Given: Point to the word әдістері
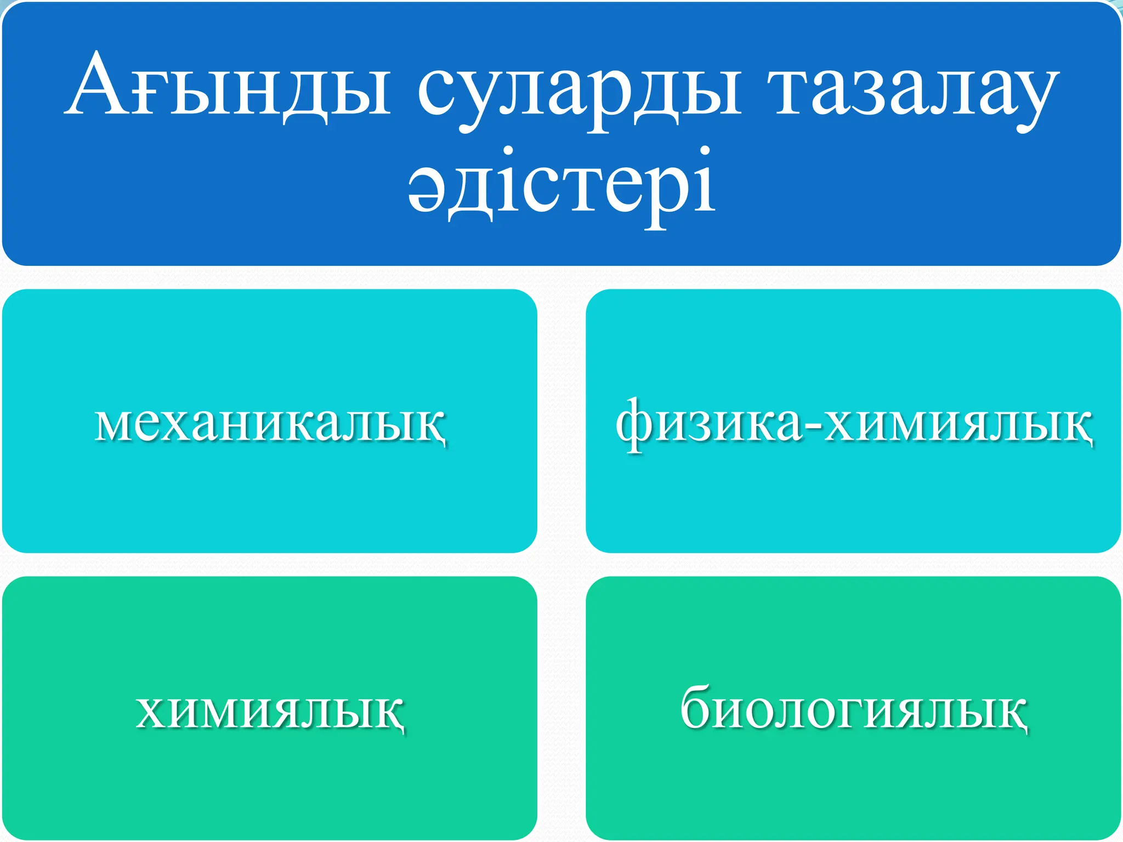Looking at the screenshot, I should [561, 184].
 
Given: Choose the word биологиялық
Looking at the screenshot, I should [853, 710].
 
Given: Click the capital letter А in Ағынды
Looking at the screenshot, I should [99, 85].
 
